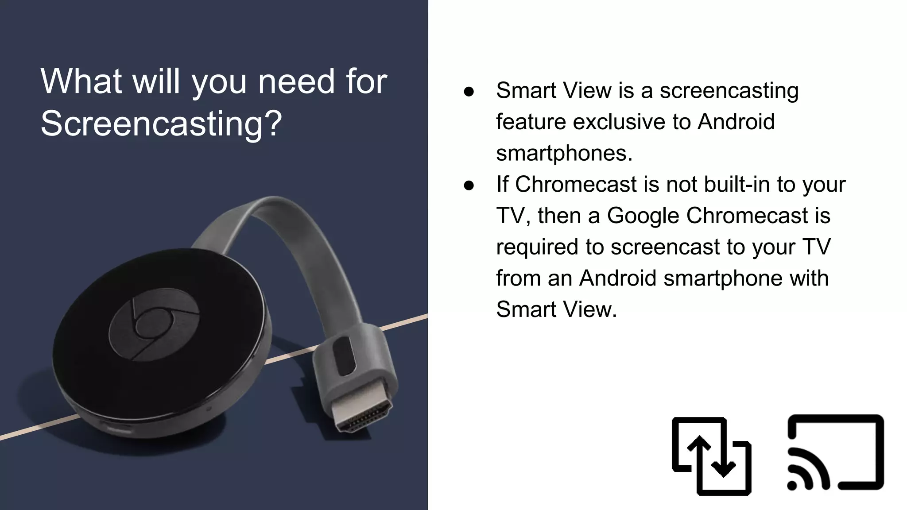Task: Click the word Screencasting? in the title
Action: click(x=161, y=123)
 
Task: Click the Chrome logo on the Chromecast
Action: click(x=154, y=325)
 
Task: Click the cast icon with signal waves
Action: click(x=835, y=453)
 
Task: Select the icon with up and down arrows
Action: click(x=711, y=456)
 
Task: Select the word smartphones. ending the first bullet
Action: click(x=564, y=153)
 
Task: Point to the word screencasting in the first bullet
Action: click(x=729, y=91)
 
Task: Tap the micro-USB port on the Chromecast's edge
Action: click(x=117, y=429)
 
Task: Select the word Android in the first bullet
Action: click(x=736, y=122)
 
